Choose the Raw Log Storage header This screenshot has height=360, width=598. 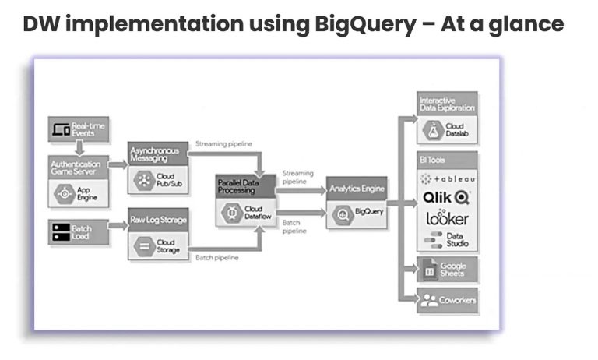[x=159, y=220]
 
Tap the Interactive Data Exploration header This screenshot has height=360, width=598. [x=447, y=104]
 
